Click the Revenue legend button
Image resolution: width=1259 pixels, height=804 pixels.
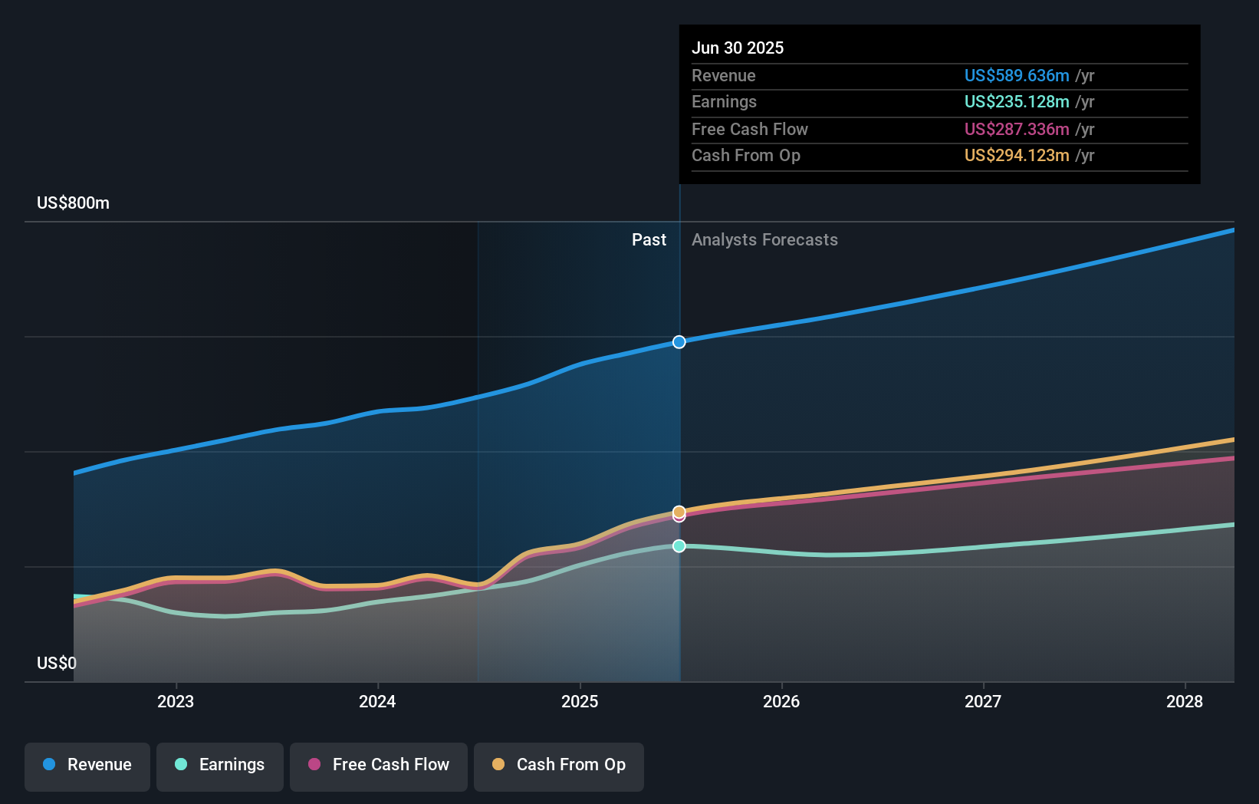(x=87, y=765)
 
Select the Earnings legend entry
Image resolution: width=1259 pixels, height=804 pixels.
(x=220, y=765)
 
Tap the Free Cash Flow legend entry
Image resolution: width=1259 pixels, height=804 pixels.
(x=379, y=765)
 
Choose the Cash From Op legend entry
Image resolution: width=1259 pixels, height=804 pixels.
(x=559, y=765)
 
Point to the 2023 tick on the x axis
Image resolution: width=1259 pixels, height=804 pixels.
(x=176, y=701)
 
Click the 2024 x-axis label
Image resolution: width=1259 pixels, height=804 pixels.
(x=377, y=701)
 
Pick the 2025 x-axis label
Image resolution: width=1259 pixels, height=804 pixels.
(x=580, y=701)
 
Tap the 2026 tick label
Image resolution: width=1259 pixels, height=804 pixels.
(x=781, y=701)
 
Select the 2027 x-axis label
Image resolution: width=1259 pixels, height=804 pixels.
(x=983, y=701)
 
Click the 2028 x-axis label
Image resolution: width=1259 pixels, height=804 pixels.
(x=1185, y=701)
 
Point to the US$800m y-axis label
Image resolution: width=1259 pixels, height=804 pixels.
(x=74, y=203)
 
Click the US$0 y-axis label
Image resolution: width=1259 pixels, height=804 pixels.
(x=57, y=663)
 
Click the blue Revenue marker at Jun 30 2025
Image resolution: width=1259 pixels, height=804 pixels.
(x=679, y=342)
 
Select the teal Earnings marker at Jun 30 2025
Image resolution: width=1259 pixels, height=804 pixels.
(x=679, y=546)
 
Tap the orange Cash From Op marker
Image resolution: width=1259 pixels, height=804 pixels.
(x=679, y=511)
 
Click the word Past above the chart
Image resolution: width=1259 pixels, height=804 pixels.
(x=649, y=240)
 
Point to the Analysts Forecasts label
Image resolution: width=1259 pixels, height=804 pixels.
(x=764, y=240)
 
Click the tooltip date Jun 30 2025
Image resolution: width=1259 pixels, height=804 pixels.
(x=738, y=48)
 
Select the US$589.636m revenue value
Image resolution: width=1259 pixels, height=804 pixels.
(x=1017, y=76)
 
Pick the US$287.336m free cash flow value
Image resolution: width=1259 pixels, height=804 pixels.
(x=1017, y=129)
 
